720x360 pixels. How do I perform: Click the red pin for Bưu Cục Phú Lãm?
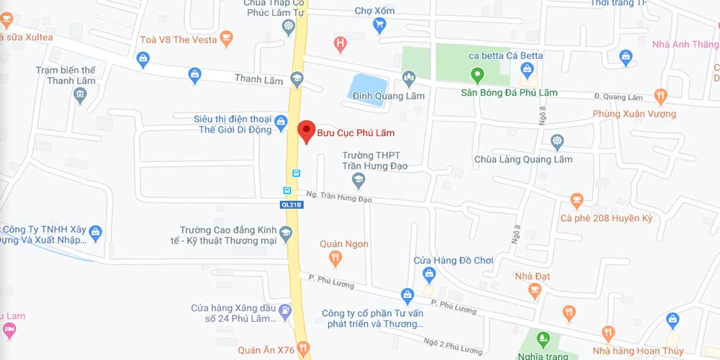tap(307, 130)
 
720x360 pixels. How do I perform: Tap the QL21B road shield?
tap(291, 204)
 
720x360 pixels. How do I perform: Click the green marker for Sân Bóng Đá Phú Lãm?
tap(476, 73)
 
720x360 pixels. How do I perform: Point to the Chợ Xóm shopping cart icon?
tap(379, 26)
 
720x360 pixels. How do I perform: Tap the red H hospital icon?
tap(341, 43)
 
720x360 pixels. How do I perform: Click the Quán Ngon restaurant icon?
tap(335, 258)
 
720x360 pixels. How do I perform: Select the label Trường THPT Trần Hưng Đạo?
tap(374, 161)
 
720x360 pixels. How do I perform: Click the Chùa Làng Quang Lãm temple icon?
tap(557, 141)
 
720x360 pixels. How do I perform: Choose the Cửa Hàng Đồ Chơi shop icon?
tap(430, 274)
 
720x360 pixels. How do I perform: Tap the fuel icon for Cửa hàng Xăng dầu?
tap(286, 312)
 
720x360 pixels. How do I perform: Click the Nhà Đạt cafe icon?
tap(534, 290)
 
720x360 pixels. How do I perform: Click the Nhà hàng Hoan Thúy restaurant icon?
tap(608, 333)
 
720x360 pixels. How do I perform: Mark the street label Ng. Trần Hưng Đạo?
tap(338, 196)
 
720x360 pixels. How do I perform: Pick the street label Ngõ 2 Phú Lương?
tap(452, 346)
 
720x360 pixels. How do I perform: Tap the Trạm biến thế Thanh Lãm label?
tap(66, 76)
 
